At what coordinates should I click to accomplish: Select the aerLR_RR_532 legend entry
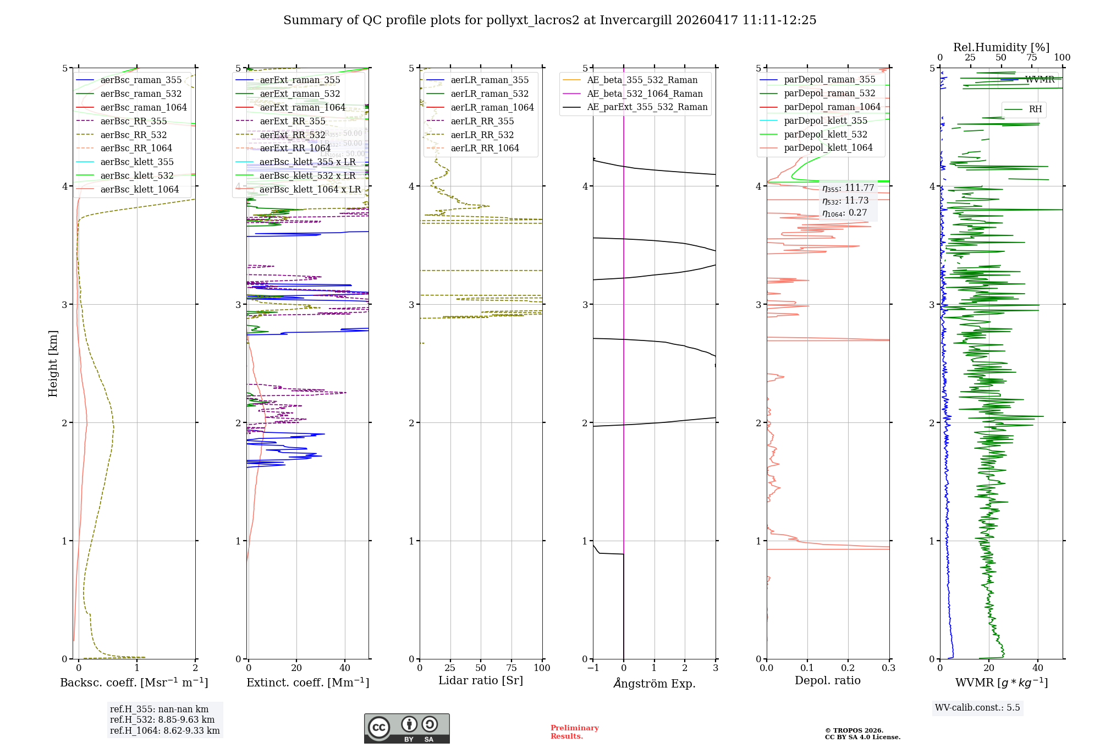(x=482, y=135)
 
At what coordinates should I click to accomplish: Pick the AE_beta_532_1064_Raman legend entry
(x=645, y=94)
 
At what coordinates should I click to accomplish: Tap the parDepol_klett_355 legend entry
(x=825, y=120)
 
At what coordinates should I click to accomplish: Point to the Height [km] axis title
(x=53, y=364)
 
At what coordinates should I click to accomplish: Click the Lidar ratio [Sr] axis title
(x=480, y=680)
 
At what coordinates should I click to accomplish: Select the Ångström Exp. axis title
(x=654, y=683)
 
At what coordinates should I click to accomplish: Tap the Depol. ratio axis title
(x=827, y=680)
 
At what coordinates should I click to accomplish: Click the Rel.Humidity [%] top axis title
(x=1001, y=47)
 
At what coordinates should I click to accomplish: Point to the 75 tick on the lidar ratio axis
(x=512, y=668)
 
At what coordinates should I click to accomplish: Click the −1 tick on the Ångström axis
(x=592, y=668)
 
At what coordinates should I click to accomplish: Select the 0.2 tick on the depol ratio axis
(x=848, y=668)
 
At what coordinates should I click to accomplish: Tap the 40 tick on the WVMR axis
(x=1038, y=668)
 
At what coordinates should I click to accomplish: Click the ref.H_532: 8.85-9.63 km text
(x=162, y=719)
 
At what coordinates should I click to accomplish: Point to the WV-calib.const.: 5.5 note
(x=977, y=707)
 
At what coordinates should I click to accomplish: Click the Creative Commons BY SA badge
(x=406, y=728)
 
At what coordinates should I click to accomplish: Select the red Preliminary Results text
(x=574, y=732)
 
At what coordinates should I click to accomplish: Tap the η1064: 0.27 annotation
(x=844, y=213)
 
